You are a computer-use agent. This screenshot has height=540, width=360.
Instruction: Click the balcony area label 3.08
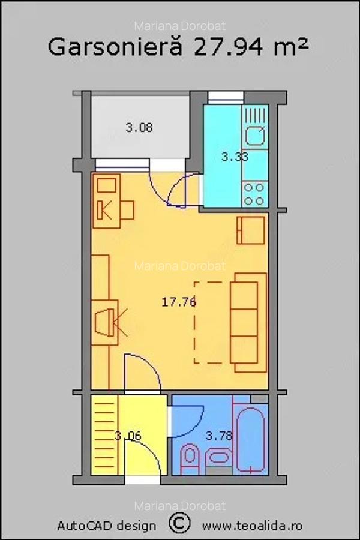(139, 128)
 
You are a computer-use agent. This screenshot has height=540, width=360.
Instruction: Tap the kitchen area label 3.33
(235, 157)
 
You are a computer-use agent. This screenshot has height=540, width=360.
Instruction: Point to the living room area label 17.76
(179, 302)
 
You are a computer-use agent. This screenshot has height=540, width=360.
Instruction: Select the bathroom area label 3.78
(219, 436)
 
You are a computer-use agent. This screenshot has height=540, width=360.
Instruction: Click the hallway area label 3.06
(128, 436)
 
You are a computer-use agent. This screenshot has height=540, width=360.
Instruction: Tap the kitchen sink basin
(255, 136)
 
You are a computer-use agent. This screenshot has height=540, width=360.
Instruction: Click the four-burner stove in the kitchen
(255, 194)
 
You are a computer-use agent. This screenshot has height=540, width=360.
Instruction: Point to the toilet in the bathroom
(190, 457)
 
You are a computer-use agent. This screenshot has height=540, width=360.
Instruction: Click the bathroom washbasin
(219, 457)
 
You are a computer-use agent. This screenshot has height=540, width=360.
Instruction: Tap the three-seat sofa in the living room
(248, 322)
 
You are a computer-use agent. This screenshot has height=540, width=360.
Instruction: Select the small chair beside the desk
(127, 210)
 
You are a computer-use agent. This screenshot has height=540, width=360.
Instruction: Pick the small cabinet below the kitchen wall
(251, 230)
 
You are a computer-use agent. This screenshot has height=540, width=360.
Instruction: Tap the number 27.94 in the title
(230, 47)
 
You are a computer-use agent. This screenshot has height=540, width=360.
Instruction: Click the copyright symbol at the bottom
(179, 523)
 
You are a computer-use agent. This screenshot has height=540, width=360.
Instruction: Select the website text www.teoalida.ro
(252, 526)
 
